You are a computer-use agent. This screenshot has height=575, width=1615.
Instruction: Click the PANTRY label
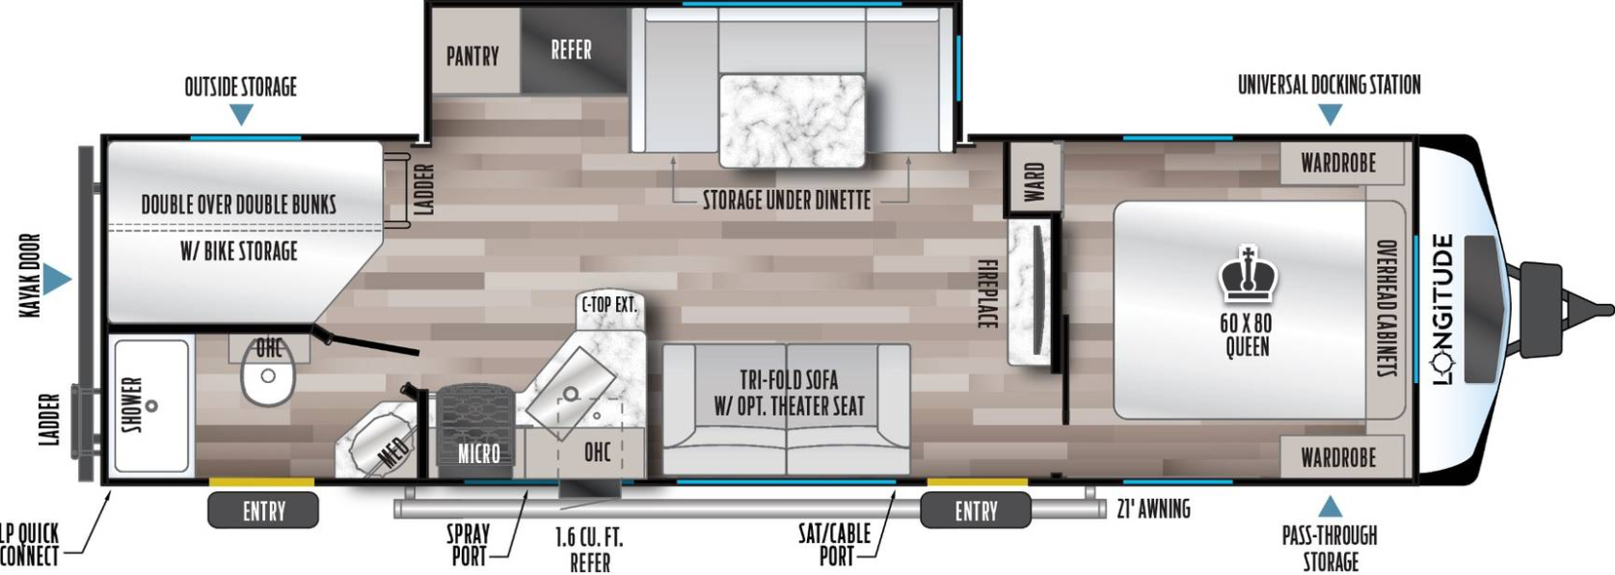[472, 56]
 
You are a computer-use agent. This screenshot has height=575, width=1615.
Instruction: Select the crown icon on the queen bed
[1248, 275]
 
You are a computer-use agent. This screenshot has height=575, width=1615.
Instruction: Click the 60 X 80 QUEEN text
[1247, 335]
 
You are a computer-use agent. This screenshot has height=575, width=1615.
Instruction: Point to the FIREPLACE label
[986, 293]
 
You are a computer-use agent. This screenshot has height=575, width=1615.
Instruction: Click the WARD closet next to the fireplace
[1034, 178]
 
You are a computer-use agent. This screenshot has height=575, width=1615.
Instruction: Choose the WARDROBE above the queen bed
[1339, 163]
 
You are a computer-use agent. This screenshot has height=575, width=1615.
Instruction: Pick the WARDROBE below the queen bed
[1339, 456]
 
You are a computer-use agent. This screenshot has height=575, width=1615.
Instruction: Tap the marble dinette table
[792, 121]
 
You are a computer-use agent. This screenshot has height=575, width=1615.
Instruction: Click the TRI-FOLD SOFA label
[789, 379]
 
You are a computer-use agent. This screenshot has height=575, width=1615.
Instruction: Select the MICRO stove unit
[478, 430]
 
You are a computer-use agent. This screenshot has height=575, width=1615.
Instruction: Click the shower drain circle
[151, 406]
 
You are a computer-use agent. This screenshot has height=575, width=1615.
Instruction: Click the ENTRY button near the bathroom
[263, 510]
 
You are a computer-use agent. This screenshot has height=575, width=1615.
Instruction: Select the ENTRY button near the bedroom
[976, 510]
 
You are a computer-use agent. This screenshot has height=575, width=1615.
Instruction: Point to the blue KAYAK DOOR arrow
[56, 279]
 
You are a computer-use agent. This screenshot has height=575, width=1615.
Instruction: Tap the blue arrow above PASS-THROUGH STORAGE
[1331, 507]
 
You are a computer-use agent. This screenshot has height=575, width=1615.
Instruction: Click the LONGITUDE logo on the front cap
[1443, 310]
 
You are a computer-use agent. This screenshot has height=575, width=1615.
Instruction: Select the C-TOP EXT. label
[609, 305]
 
